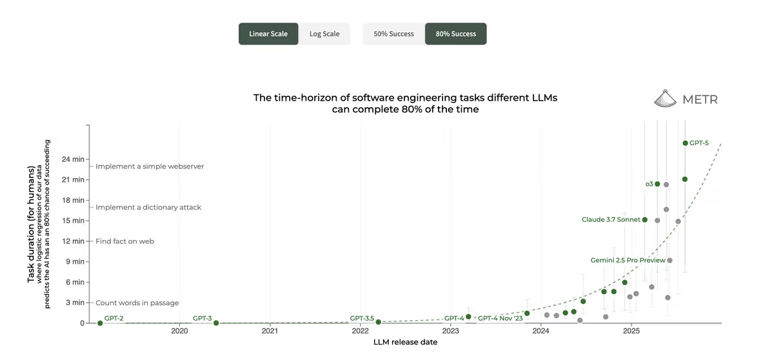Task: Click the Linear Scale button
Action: pos(268,34)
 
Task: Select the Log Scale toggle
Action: pos(324,34)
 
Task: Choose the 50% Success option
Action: pos(393,34)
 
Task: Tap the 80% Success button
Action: pos(455,34)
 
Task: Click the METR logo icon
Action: pos(668,99)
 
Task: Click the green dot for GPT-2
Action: pos(100,323)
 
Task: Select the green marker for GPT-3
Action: pos(216,323)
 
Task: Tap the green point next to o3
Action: pos(657,184)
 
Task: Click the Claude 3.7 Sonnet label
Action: pos(611,220)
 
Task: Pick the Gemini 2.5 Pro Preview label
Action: pos(628,261)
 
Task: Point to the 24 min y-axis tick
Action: pos(73,159)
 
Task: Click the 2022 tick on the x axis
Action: pos(360,331)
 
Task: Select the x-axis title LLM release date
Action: pos(405,343)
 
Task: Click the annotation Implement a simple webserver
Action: pos(150,166)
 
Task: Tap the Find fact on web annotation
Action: pos(124,241)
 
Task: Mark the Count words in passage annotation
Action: pos(137,303)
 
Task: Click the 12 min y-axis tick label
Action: pos(73,241)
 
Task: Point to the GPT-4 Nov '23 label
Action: pos(500,319)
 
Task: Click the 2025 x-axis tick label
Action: pos(631,331)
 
